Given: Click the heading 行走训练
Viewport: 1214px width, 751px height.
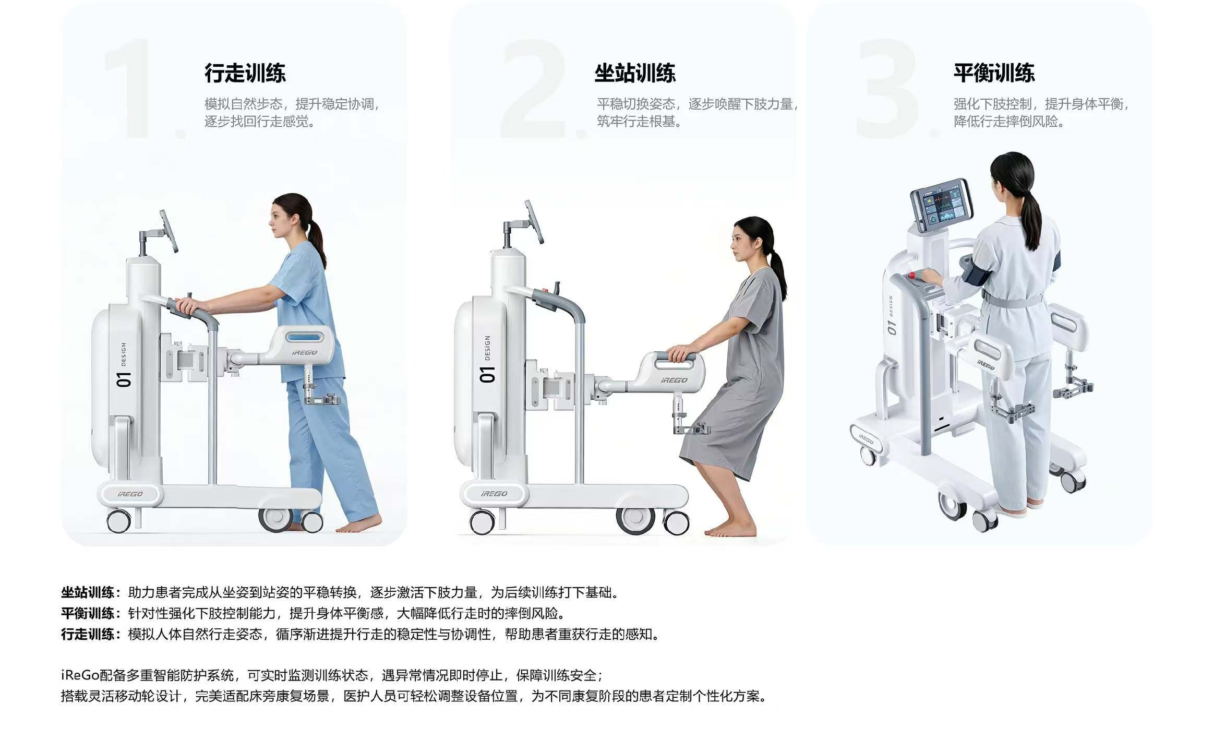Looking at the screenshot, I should (245, 73).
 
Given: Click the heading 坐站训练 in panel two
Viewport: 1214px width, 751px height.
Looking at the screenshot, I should (634, 73).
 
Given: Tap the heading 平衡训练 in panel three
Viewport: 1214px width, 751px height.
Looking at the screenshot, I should (994, 73).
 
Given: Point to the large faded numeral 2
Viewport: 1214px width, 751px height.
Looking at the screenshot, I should (533, 89).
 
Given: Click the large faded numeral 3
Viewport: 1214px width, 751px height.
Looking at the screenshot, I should (888, 89).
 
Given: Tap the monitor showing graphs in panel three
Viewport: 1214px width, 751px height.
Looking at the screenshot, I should (942, 205).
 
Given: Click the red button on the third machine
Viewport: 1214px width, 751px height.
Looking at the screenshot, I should (913, 275).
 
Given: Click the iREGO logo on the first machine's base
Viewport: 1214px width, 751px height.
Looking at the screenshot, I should (130, 494).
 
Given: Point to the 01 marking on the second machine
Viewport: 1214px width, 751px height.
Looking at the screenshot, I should (488, 374).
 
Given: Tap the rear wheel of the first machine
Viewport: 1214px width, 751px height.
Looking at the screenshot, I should (118, 521).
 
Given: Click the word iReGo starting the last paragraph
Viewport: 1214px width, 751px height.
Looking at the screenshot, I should (80, 675).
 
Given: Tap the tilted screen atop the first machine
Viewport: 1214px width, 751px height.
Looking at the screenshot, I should (168, 230).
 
